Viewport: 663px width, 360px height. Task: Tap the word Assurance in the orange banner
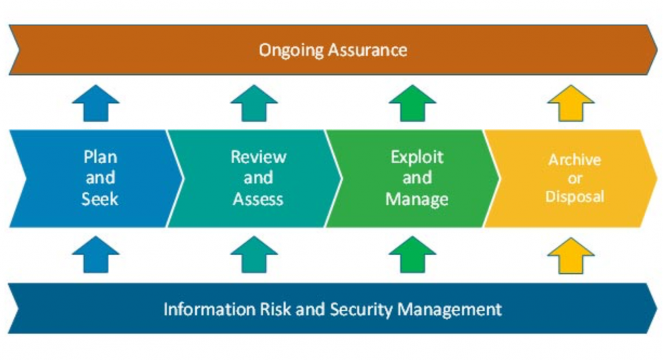coord(368,50)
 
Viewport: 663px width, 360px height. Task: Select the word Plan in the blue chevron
coord(100,157)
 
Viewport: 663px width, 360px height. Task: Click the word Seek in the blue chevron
coord(100,199)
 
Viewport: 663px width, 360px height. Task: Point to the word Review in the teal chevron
coord(258,157)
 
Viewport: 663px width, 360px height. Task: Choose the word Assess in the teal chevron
coord(258,199)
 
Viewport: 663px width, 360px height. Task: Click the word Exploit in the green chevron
coord(417,158)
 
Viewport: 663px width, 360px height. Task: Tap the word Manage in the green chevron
coord(417,199)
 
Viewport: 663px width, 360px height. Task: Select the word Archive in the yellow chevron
coord(575,160)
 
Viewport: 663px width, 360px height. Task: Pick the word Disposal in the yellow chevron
coord(575,197)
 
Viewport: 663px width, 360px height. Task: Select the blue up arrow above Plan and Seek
coord(96,104)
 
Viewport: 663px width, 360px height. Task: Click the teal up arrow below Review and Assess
coord(254,254)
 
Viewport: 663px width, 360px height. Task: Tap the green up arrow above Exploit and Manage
coord(412,104)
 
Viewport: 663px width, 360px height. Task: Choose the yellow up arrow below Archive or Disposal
coord(571,256)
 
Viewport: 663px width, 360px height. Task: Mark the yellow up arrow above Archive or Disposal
coord(571,104)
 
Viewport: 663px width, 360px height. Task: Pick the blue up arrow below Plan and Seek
coord(96,254)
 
